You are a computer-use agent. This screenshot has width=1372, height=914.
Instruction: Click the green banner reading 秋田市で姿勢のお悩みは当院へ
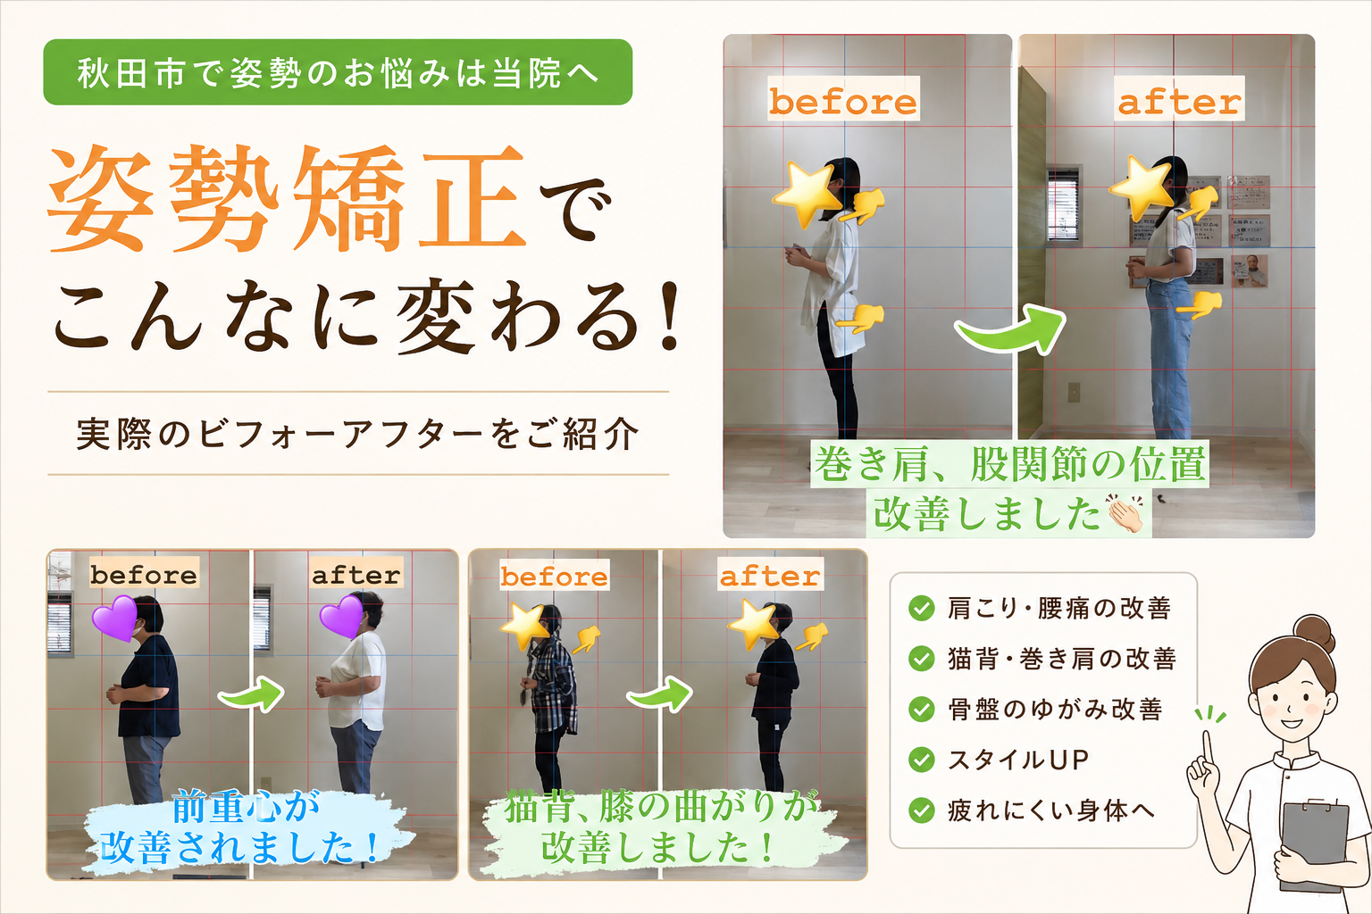338,72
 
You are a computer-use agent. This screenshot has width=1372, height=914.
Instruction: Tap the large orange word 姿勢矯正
287,199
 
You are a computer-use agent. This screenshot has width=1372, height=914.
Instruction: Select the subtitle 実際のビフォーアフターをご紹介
357,434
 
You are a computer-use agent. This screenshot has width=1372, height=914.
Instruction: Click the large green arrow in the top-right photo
1010,329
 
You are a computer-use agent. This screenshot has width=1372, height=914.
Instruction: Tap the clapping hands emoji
1124,513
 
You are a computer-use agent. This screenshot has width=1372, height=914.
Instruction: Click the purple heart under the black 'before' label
114,618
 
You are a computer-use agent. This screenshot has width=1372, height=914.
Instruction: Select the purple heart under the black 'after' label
342,617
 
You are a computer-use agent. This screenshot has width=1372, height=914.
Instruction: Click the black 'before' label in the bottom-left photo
144,574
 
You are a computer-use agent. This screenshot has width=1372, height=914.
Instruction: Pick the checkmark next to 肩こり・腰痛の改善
921,608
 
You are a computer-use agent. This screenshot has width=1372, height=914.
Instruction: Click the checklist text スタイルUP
1018,760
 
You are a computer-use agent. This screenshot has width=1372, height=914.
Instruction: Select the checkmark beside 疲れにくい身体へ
921,810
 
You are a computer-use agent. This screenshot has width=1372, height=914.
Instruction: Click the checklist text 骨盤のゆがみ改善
1055,709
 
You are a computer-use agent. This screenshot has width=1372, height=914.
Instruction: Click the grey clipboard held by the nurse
1315,848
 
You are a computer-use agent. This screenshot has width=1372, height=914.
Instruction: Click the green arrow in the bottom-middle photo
660,694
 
